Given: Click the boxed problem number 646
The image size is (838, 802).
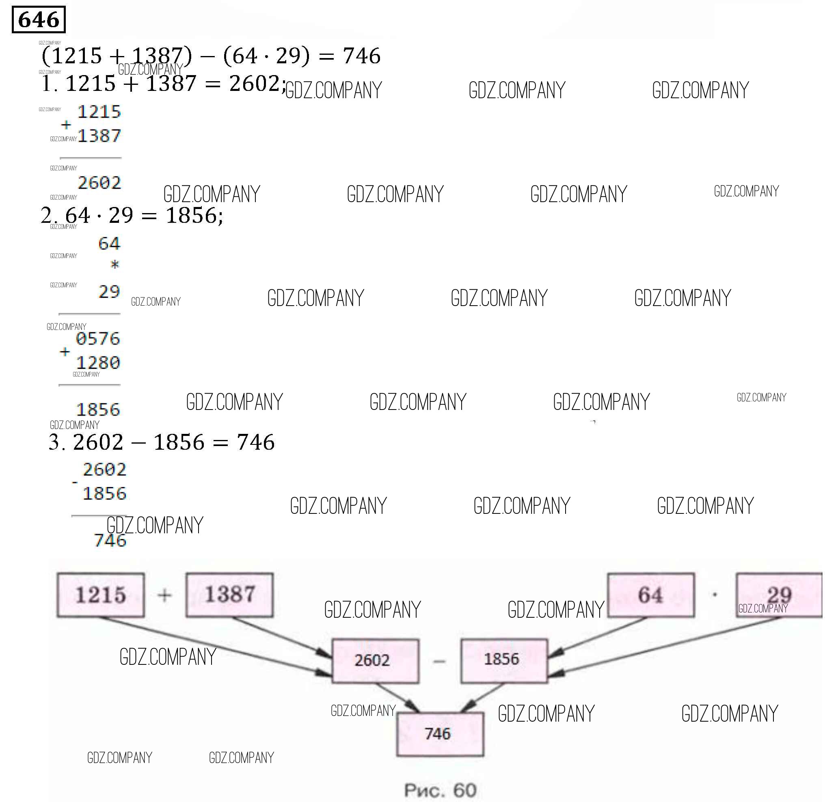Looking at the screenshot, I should tap(39, 19).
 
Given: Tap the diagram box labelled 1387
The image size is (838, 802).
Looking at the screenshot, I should tap(229, 595).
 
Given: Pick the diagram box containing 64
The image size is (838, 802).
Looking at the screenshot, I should tap(650, 595).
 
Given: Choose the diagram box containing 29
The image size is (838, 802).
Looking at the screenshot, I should tap(779, 595).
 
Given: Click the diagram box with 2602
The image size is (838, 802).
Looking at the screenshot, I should tap(375, 660).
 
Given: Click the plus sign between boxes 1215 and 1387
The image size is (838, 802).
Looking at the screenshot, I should tap(164, 595).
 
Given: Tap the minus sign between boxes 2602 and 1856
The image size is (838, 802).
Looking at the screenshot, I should tap(439, 661).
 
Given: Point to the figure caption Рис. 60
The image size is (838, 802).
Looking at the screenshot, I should tap(441, 790).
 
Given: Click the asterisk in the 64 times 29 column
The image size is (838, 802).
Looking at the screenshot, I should tap(114, 265).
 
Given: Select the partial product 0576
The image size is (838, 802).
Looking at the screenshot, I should tap(98, 338).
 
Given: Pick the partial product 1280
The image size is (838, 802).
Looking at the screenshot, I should tap(98, 363).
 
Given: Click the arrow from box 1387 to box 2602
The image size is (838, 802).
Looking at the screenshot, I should tap(282, 637).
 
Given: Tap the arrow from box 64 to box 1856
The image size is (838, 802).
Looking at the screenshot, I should tap(598, 637).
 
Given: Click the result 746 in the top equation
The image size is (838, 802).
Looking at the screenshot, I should tap(362, 56).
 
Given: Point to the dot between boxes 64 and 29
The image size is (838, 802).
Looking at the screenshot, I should tap(715, 595).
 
